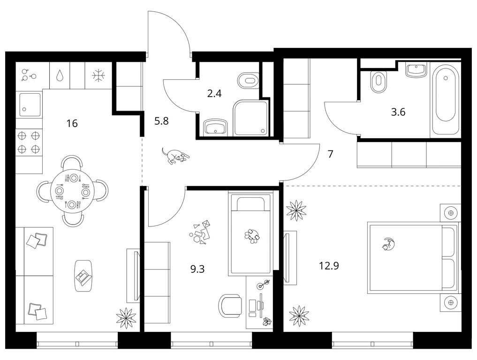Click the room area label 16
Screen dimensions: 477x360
(x=72, y=123)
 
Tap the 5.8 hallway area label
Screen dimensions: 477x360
(x=161, y=121)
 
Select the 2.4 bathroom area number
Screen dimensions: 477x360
(x=214, y=93)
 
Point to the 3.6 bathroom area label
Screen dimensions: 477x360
(x=398, y=112)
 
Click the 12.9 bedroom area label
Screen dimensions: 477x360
(x=329, y=266)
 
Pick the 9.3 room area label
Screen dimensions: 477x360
(x=197, y=269)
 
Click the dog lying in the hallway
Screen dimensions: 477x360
(x=175, y=156)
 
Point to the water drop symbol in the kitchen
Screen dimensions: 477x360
(x=60, y=75)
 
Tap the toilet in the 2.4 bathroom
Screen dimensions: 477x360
(x=248, y=80)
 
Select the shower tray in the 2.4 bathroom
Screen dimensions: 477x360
(x=251, y=118)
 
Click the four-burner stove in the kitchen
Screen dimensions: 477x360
(x=29, y=142)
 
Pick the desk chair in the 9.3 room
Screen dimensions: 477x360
(x=231, y=306)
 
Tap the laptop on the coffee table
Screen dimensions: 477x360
(x=83, y=277)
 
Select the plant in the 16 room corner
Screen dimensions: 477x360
(x=126, y=317)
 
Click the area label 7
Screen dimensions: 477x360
(x=330, y=154)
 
